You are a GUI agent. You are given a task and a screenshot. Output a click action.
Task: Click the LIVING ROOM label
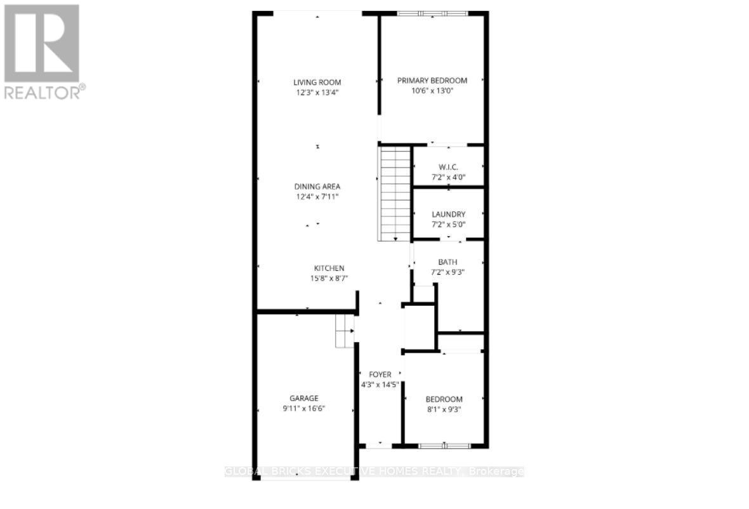pos(317,82)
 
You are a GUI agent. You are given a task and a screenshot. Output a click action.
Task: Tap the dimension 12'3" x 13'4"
pos(317,92)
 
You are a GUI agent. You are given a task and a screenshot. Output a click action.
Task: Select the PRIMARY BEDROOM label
pos(432,81)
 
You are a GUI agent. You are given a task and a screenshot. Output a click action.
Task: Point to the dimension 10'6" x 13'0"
pos(432,91)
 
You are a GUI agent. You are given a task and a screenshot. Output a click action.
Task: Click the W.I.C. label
pos(448,167)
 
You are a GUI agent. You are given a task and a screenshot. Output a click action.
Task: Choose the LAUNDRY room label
pos(448,215)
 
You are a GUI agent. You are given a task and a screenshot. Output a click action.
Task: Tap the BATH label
pos(447,262)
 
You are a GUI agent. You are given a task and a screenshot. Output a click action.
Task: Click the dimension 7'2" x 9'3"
pos(447,272)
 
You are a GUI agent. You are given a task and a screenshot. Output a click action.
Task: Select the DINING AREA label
pos(317,187)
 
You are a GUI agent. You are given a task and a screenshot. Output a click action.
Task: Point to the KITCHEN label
pos(329,268)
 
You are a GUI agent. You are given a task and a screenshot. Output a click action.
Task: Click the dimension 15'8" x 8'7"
pos(329,279)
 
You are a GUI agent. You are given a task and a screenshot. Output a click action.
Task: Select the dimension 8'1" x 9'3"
pos(444,409)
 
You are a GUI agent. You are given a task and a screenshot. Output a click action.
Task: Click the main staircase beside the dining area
pos(394,192)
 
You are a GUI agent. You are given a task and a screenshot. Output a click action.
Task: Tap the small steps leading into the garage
pos(344,331)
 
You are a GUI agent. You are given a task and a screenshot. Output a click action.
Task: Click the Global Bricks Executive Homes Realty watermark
pos(374,472)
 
